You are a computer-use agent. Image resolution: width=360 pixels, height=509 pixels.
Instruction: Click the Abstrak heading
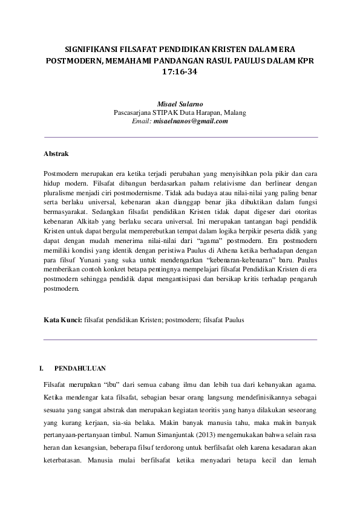tap(56, 154)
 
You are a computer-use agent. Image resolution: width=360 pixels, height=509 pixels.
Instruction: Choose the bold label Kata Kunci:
tap(64, 320)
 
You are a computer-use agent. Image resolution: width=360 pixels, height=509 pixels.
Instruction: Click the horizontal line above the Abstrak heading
tap(180, 138)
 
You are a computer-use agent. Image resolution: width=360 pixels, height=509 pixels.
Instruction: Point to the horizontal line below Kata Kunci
tap(180, 339)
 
